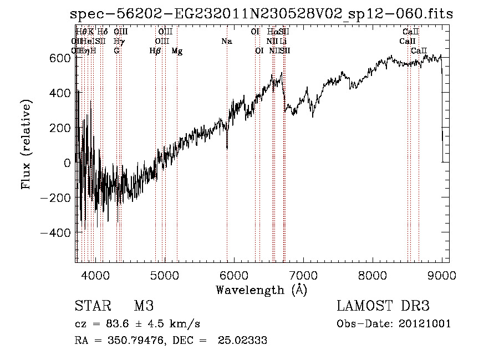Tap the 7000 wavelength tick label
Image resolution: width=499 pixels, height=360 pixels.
tap(303, 275)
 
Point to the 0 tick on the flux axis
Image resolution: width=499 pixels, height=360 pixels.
tap(67, 163)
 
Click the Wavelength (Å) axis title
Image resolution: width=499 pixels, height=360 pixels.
tap(261, 290)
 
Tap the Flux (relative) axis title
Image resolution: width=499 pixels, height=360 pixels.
tap(26, 145)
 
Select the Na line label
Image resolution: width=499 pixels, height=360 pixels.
tap(227, 42)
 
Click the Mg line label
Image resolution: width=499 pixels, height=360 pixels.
tap(177, 51)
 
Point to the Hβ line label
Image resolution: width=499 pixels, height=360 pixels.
tap(155, 51)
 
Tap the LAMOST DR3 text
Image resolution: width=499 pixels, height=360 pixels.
tap(383, 306)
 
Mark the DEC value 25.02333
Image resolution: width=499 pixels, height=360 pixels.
tap(243, 341)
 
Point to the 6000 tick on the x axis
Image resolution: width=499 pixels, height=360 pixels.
tap(234, 275)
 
